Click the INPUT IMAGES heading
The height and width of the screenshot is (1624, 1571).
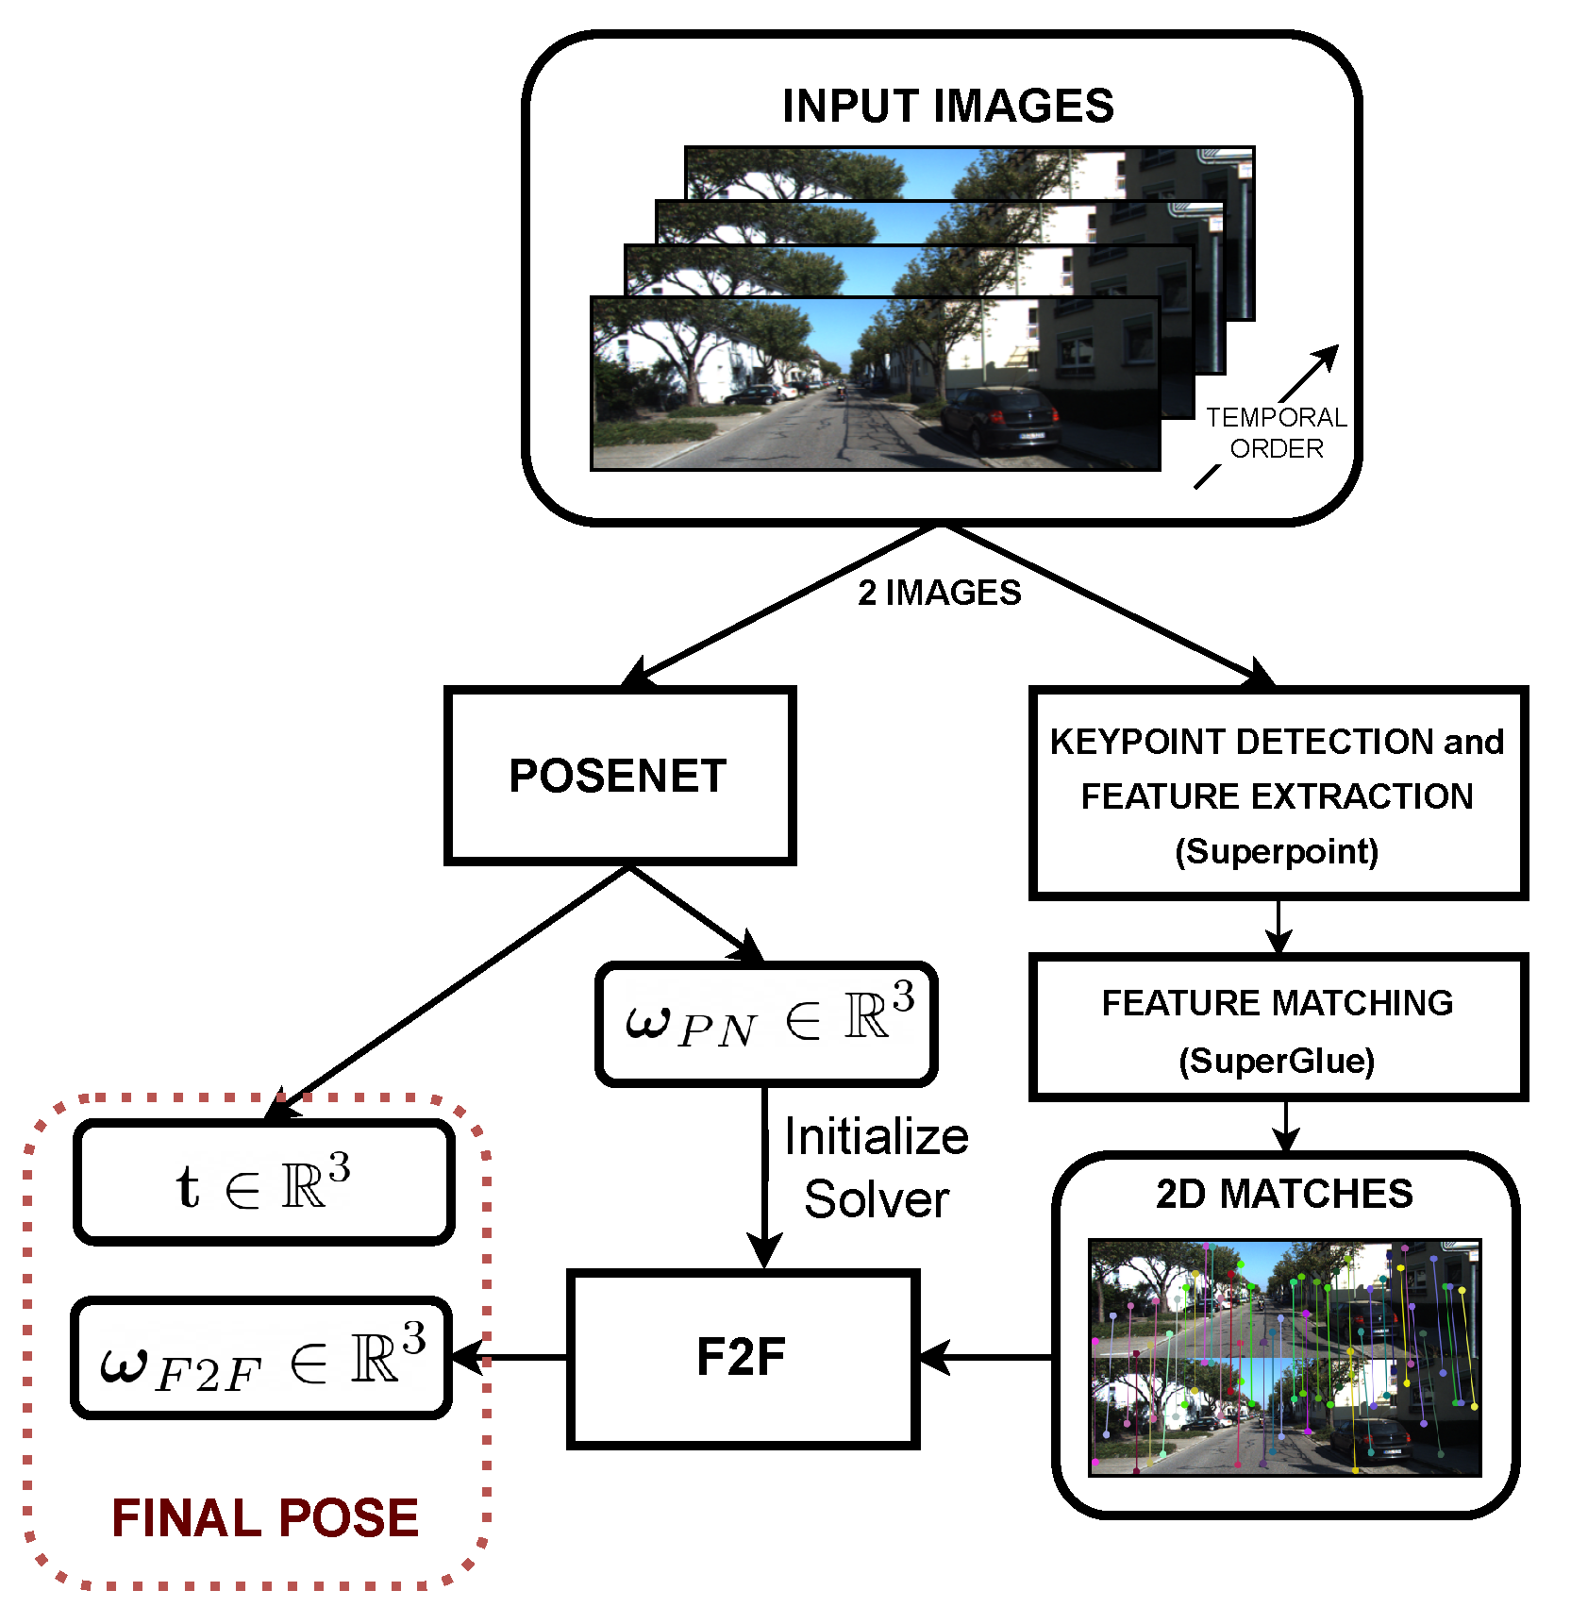947,106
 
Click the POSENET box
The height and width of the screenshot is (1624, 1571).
619,776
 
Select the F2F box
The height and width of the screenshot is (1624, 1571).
743,1358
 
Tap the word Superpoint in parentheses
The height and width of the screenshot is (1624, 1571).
1277,851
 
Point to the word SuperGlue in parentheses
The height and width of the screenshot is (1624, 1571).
1277,1061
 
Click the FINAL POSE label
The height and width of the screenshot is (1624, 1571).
265,1518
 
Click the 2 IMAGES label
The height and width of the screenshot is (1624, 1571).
939,593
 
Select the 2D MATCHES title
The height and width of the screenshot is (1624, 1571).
1284,1194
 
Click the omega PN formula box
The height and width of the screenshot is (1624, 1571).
766,1024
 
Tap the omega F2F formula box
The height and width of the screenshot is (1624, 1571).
261,1358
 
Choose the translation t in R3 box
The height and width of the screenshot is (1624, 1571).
263,1182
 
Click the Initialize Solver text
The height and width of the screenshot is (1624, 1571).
876,1167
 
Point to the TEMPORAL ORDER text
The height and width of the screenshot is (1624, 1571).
1276,432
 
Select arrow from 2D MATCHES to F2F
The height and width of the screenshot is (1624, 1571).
986,1358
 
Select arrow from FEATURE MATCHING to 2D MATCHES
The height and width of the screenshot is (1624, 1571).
1286,1126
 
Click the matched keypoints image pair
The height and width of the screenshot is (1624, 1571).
1284,1357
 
